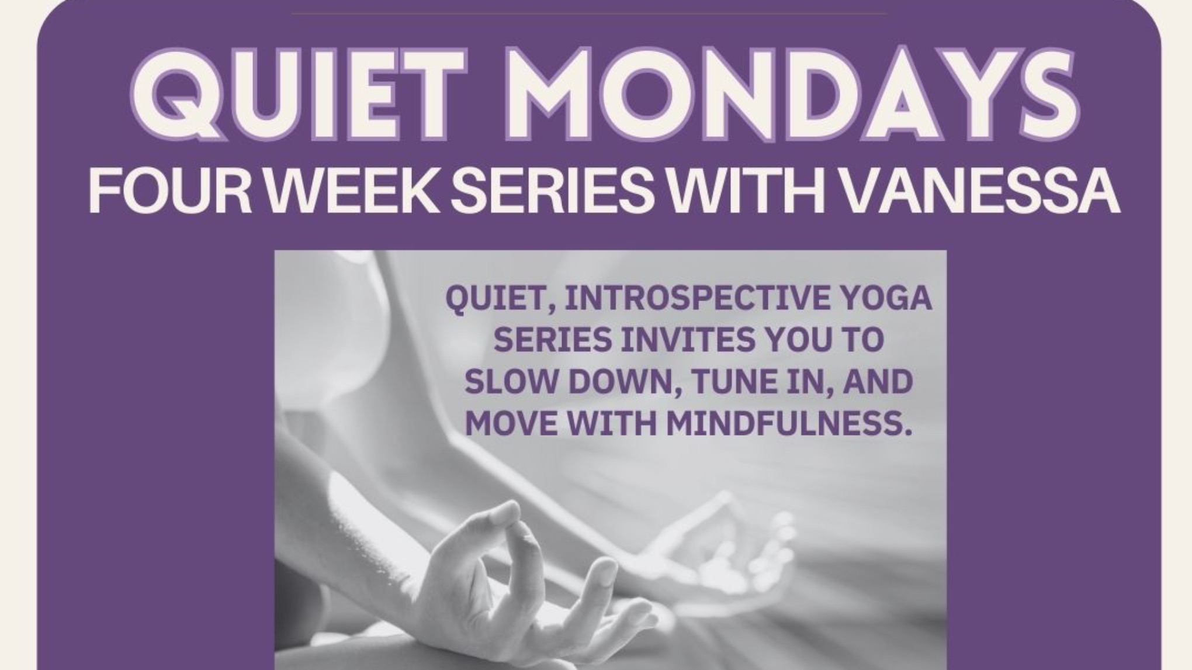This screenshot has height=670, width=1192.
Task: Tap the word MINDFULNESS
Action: pos(789,423)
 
